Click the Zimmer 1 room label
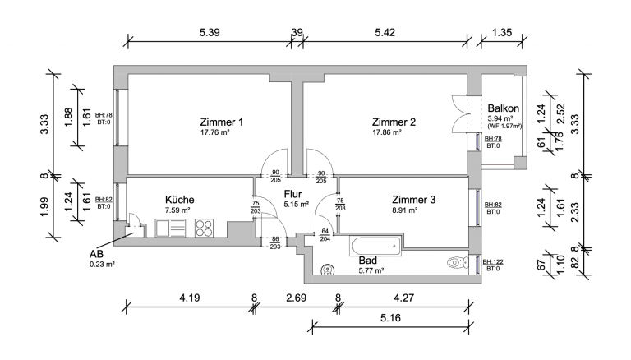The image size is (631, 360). pyautogui.click(x=221, y=122)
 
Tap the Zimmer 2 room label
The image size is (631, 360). pyautogui.click(x=394, y=122)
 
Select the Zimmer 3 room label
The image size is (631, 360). pyautogui.click(x=414, y=200)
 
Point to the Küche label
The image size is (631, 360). pyautogui.click(x=179, y=200)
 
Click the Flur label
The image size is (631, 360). pyautogui.click(x=292, y=194)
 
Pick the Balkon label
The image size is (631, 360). pyautogui.click(x=503, y=108)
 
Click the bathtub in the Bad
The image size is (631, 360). pyautogui.click(x=375, y=246)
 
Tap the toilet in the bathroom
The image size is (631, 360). pyautogui.click(x=458, y=262)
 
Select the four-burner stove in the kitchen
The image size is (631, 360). pyautogui.click(x=204, y=228)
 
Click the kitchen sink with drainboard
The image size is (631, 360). pyautogui.click(x=171, y=228)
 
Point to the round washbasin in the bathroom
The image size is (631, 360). pyautogui.click(x=328, y=270)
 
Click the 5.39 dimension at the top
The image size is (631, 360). pyautogui.click(x=210, y=32)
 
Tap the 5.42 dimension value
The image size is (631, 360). pyautogui.click(x=385, y=32)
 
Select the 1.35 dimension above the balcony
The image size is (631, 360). pyautogui.click(x=502, y=32)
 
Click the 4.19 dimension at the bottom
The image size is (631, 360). pyautogui.click(x=190, y=298)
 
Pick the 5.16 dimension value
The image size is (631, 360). pyautogui.click(x=390, y=318)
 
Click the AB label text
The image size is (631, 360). pyautogui.click(x=97, y=254)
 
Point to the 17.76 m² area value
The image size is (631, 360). pyautogui.click(x=215, y=132)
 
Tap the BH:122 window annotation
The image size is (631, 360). pyautogui.click(x=493, y=261)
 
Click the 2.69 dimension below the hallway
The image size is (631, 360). pyautogui.click(x=296, y=298)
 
